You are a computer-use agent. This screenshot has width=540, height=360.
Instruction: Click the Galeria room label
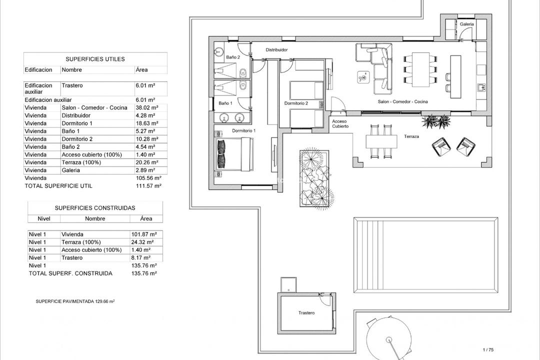click(x=466, y=24)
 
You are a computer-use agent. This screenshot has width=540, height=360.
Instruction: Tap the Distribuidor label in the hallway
click(x=276, y=50)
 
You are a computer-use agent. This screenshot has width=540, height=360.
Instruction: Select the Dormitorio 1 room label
click(x=244, y=130)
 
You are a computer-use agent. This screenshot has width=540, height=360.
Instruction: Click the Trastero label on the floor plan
click(x=306, y=313)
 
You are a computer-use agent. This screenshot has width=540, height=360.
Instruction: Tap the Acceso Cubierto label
click(x=340, y=124)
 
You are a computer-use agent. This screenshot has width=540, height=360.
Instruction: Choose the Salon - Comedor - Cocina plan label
click(x=403, y=101)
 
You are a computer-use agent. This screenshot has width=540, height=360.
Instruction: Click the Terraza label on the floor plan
click(x=411, y=136)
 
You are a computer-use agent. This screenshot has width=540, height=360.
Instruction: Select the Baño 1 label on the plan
click(x=225, y=103)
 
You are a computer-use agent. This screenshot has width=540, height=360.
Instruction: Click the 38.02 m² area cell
click(x=146, y=107)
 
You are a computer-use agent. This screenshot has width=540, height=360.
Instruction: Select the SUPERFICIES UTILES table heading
click(x=95, y=59)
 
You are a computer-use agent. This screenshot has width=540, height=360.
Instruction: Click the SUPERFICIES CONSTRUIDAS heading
click(x=95, y=207)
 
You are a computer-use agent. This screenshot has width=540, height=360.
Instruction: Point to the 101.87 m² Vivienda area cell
click(x=146, y=234)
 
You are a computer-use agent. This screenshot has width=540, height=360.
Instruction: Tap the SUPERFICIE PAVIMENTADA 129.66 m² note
click(x=75, y=301)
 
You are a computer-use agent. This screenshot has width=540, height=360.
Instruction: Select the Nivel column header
click(x=43, y=218)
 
